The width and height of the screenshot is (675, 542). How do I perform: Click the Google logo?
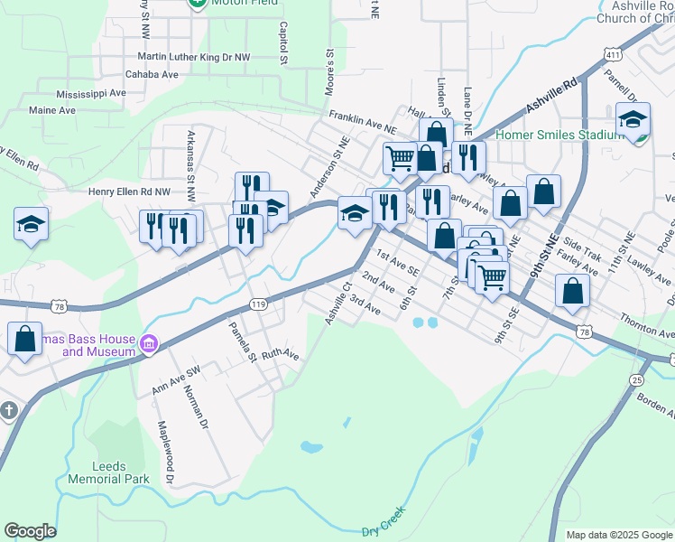pos(30,531)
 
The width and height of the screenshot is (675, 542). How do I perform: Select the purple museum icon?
pos(149,343)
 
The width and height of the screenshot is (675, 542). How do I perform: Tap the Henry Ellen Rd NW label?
pos(128,192)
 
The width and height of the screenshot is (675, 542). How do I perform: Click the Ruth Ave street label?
pos(280,356)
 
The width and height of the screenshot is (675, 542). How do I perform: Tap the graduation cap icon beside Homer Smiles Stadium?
pos(633,120)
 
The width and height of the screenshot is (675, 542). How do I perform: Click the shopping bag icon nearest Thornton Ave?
pos(572,291)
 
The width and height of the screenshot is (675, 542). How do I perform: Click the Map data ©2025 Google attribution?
pos(618,535)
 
